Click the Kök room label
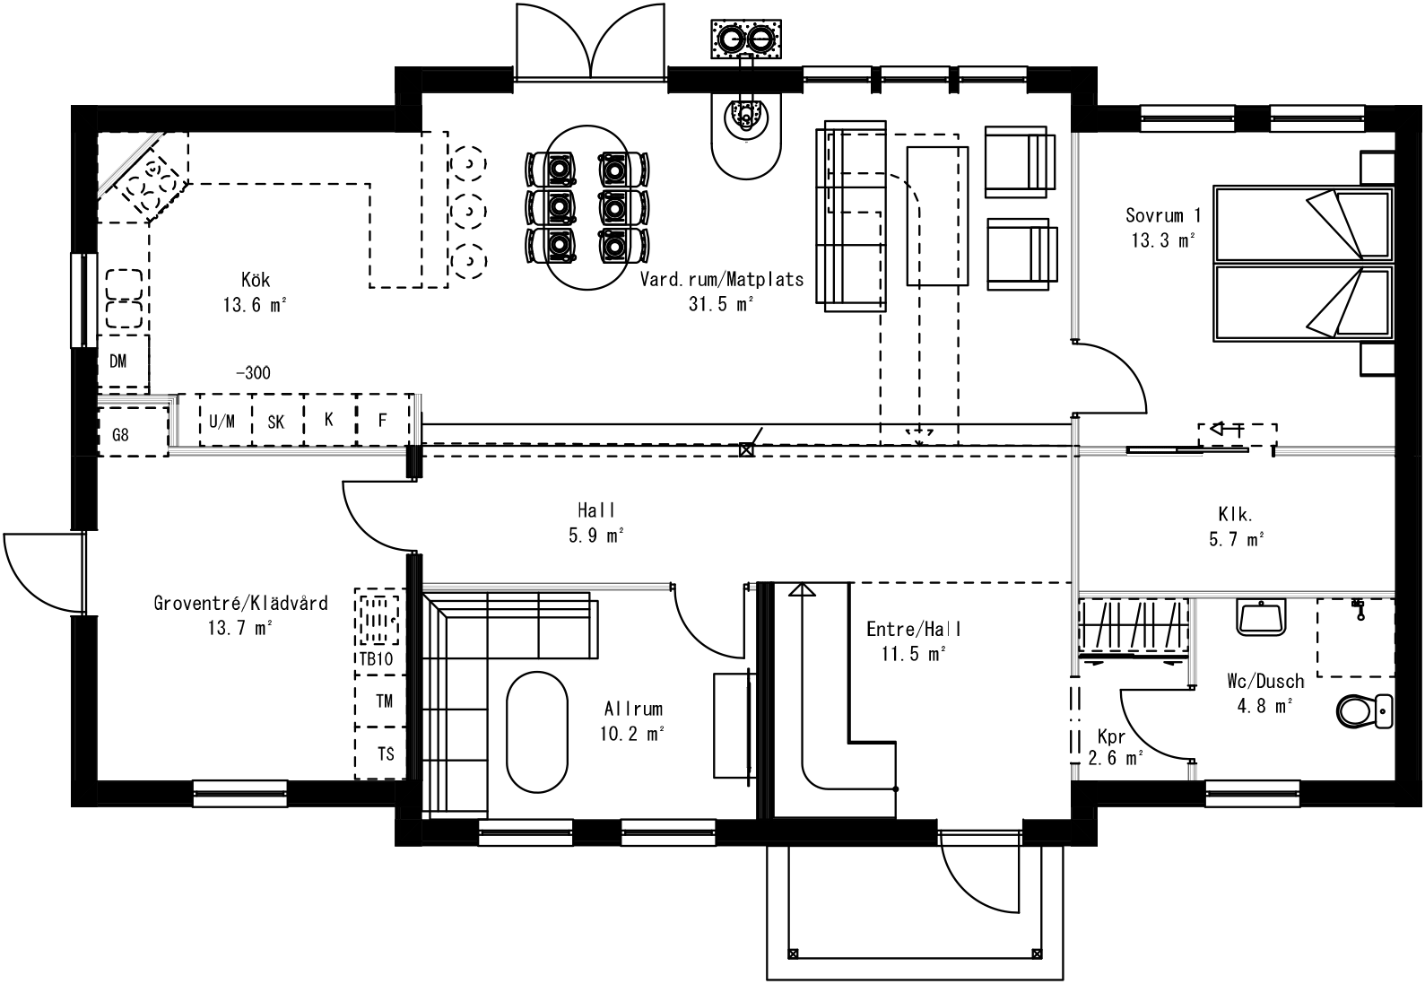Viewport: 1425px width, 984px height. point(255,280)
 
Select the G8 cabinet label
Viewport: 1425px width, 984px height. point(121,436)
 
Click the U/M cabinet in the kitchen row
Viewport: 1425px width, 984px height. point(223,420)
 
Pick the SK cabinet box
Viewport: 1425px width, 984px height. point(276,420)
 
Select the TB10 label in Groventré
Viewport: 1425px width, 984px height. point(376,659)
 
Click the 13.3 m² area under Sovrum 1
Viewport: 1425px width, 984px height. point(1163,240)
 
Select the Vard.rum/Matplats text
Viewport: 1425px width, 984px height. point(721,279)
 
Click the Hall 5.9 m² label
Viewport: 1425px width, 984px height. point(597,523)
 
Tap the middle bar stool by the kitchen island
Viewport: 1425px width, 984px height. point(467,212)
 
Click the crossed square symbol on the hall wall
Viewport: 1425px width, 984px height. point(745,450)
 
